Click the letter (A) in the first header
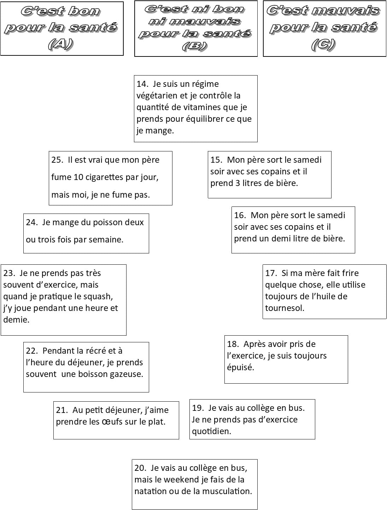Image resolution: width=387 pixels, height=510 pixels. (x=60, y=44)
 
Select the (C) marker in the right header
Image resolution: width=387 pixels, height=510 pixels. (x=323, y=44)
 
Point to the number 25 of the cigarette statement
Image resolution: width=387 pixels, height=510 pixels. (x=56, y=160)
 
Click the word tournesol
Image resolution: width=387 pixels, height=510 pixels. (x=285, y=308)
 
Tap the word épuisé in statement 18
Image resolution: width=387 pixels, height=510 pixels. (x=240, y=367)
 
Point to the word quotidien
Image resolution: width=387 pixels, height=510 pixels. (x=211, y=431)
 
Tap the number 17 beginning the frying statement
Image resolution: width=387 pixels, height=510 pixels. (x=270, y=273)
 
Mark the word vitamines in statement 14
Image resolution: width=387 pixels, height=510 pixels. (x=203, y=107)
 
